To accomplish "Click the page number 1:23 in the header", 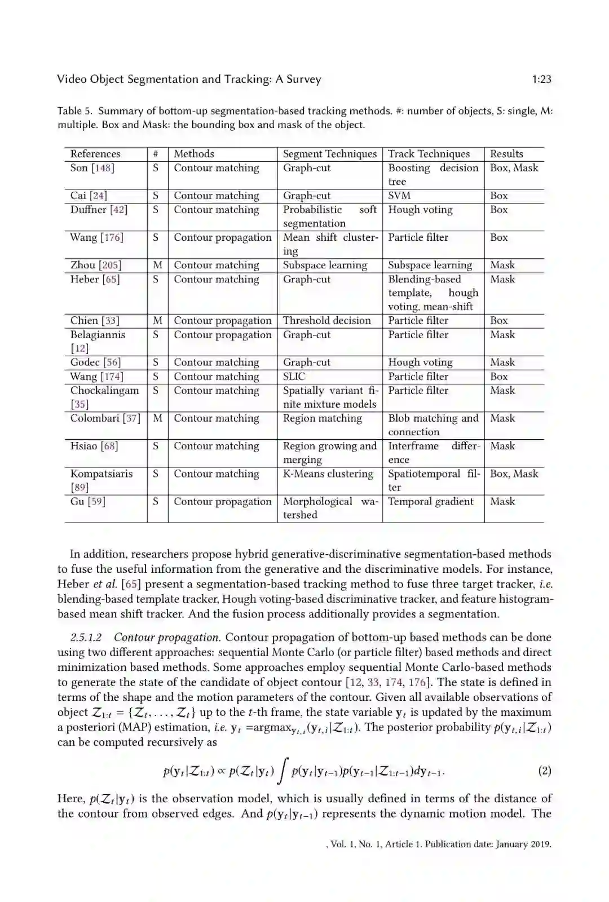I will tap(541, 79).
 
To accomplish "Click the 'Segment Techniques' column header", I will tap(330, 154).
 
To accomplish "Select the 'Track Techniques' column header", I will tap(429, 154).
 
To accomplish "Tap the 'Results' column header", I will tap(506, 154).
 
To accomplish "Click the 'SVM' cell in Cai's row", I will tap(399, 196).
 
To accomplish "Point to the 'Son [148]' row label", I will tap(92, 168).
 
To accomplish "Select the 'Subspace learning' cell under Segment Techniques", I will tap(325, 265).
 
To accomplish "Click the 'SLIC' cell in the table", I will tap(294, 377).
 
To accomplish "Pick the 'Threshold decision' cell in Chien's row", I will tap(327, 321).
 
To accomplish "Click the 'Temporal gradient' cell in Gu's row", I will tap(431, 502).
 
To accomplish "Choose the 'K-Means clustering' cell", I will tap(328, 474).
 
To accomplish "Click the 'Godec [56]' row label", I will tap(95, 362).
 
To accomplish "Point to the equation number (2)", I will tap(545, 771).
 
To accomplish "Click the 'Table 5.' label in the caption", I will tap(75, 111).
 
